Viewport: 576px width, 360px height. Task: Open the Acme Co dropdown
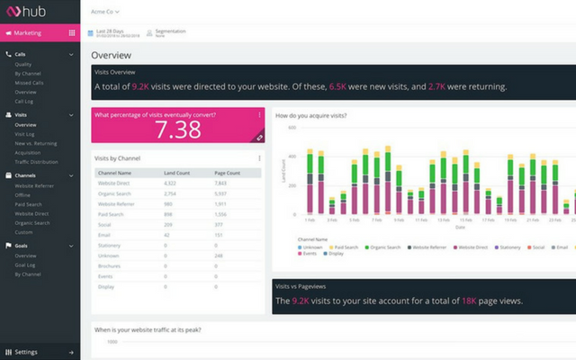click(x=105, y=12)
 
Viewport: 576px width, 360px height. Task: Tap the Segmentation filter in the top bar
click(x=170, y=32)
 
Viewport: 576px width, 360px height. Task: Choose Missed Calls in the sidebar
click(x=30, y=83)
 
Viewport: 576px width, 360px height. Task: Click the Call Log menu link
click(x=25, y=102)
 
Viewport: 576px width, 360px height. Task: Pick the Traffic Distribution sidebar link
click(x=37, y=163)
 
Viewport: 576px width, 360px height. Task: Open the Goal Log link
click(x=26, y=265)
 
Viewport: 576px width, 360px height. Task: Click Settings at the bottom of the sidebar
click(x=26, y=352)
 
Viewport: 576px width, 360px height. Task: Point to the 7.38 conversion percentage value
click(x=178, y=130)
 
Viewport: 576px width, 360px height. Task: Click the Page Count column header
click(x=227, y=172)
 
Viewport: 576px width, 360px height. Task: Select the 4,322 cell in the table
click(x=175, y=183)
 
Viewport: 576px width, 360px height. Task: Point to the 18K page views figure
click(x=471, y=301)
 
